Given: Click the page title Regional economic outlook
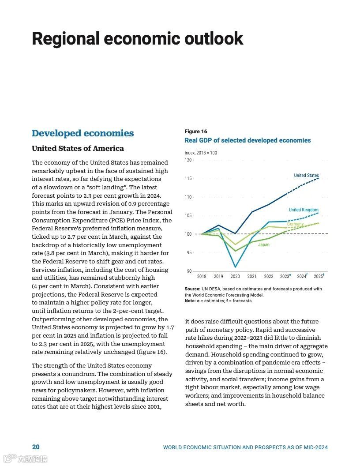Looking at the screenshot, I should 137,39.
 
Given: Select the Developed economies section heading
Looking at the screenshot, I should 82,133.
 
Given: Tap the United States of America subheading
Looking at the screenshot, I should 78,148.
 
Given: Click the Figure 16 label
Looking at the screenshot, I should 195,132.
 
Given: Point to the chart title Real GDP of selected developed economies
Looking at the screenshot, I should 247,140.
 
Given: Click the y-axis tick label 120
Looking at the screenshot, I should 188,160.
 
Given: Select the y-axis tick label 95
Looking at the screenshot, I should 189,252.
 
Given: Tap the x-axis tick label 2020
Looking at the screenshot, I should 235,277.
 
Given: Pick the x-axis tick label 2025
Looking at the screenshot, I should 318,277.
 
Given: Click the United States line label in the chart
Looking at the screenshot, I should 306,176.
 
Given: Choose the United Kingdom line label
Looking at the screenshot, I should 304,210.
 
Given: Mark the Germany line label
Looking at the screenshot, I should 295,224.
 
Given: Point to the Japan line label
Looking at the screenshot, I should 263,244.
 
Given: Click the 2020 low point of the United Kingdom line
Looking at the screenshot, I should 235,267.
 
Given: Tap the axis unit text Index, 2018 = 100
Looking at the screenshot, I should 201,153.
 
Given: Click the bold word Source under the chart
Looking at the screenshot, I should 192,289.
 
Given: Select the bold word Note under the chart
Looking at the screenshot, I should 190,301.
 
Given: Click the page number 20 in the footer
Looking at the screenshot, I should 36,447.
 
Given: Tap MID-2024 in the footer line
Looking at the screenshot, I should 315,447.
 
